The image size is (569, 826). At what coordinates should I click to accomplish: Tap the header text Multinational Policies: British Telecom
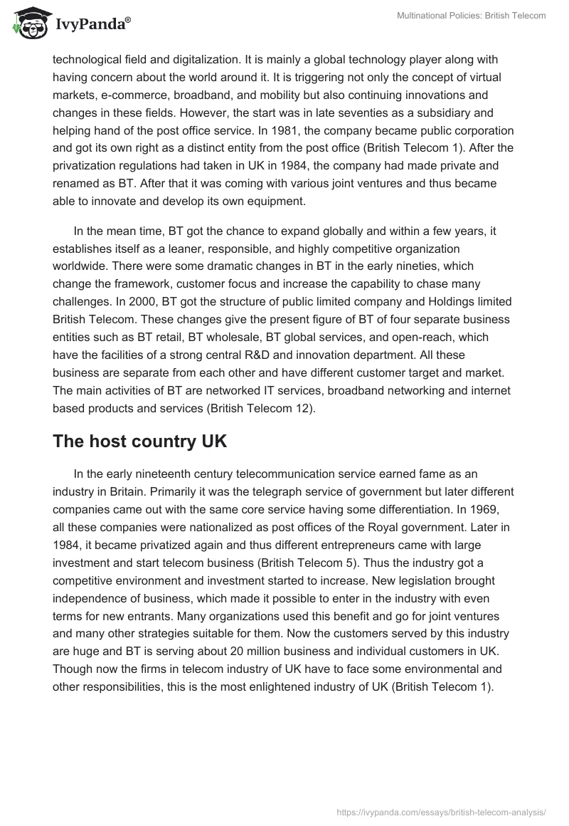(x=471, y=16)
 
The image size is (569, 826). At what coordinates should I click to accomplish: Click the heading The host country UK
(x=139, y=441)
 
